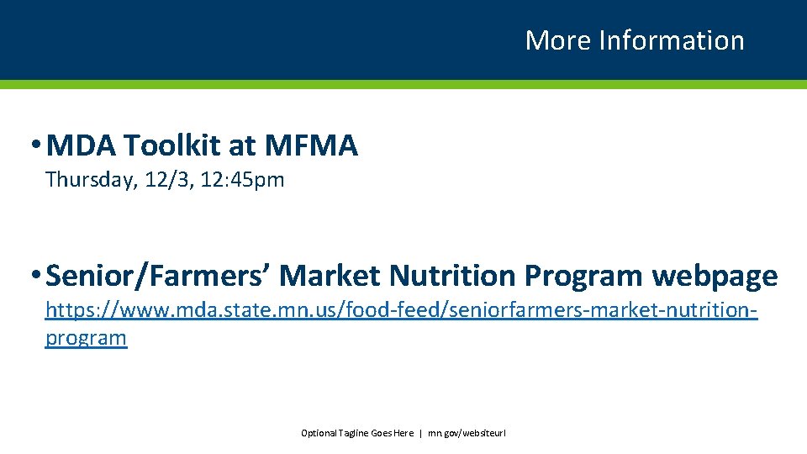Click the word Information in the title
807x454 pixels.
(x=671, y=40)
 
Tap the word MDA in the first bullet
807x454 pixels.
(x=82, y=146)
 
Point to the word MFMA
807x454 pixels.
(x=311, y=146)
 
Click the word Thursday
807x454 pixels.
(x=88, y=180)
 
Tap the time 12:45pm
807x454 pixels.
(x=242, y=180)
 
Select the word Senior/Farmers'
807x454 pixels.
(x=159, y=276)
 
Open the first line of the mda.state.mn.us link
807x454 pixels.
(x=401, y=311)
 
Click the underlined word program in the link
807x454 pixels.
(x=86, y=338)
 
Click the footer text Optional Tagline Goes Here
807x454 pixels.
(x=357, y=433)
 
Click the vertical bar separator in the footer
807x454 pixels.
(x=420, y=433)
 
